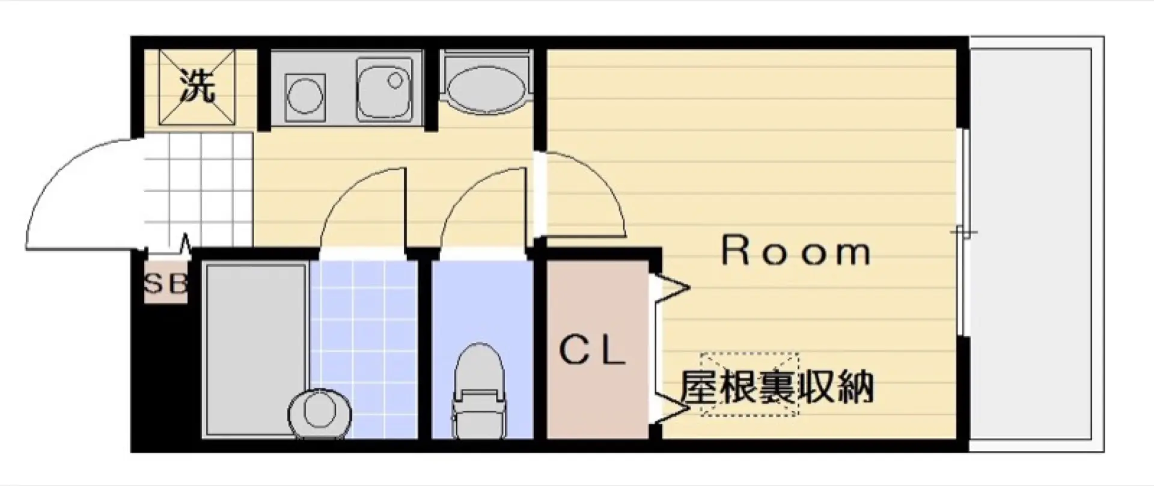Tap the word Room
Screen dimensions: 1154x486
[796, 252]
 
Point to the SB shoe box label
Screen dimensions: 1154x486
[166, 284]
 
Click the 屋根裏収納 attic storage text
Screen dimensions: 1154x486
[776, 387]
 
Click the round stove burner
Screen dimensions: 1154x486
[305, 95]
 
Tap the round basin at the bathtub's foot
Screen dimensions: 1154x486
[319, 414]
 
